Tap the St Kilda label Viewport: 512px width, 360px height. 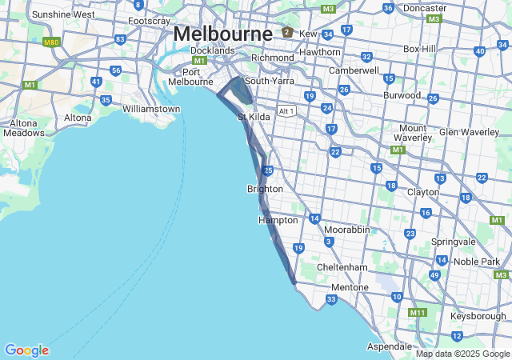coord(254,117)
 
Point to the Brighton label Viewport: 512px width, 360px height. coord(265,189)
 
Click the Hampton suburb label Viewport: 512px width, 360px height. coord(278,220)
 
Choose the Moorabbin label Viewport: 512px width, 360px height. coord(347,230)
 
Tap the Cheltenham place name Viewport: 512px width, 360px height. coord(342,266)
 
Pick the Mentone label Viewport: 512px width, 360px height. coord(350,287)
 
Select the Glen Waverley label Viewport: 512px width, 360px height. coord(469,132)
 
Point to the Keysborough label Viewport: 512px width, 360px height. coord(478,316)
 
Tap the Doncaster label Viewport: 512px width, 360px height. coord(424,8)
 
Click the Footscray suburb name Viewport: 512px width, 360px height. coord(149,20)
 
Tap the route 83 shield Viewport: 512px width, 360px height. coord(120,38)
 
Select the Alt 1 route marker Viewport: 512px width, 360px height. coord(286,110)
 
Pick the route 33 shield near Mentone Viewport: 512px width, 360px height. coord(331,300)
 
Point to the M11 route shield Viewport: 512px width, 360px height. coord(417,313)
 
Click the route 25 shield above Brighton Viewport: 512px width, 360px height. coord(268,170)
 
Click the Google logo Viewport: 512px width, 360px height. coord(26,350)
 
